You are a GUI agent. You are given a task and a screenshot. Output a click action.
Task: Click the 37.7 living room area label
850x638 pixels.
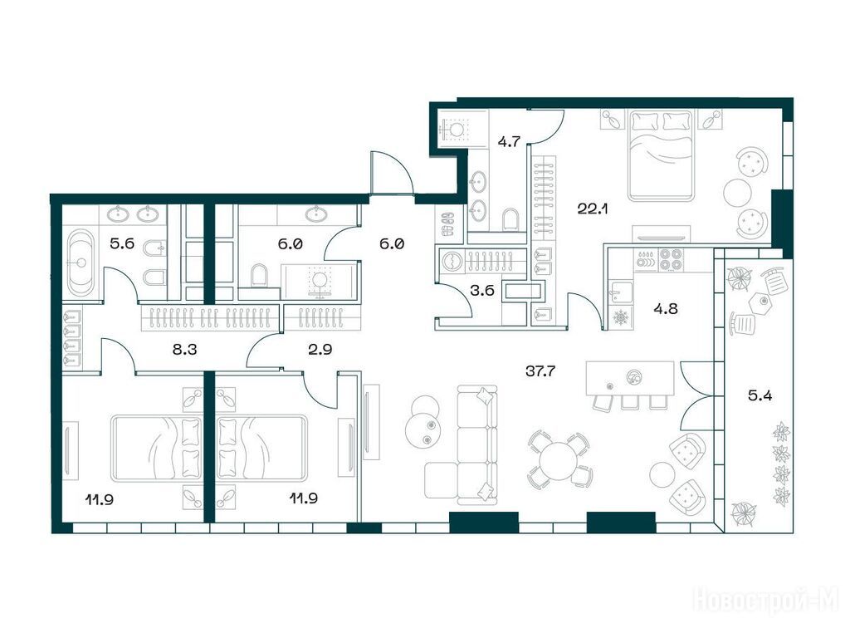[540, 371]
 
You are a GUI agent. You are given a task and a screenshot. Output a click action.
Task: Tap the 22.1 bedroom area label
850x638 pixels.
[593, 209]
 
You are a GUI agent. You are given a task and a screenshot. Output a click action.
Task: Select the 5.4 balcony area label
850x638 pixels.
[760, 395]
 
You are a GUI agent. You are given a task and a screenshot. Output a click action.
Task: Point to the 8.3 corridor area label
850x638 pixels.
[184, 350]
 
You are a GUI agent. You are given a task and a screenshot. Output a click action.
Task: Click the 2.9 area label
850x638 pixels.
[320, 350]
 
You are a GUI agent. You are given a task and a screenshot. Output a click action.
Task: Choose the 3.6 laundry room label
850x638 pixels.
[482, 290]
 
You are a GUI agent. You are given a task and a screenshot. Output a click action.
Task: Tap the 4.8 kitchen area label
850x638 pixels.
[665, 309]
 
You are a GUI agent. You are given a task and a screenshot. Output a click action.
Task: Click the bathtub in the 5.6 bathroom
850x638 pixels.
[81, 263]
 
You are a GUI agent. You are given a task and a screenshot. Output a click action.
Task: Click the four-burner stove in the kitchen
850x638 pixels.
[670, 259]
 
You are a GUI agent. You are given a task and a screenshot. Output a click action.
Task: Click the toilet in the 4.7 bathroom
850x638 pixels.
[510, 219]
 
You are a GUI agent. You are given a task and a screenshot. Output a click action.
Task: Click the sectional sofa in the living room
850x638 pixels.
[467, 442]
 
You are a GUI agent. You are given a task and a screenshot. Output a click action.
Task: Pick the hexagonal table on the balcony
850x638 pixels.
[760, 300]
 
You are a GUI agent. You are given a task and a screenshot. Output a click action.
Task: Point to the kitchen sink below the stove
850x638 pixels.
[620, 293]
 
